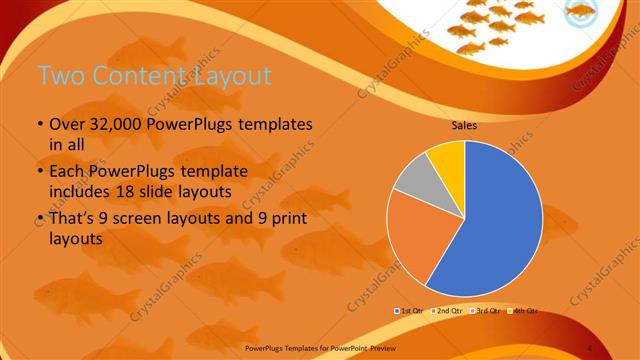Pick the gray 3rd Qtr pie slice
[413, 174]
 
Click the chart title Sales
[463, 126]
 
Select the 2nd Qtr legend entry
[447, 311]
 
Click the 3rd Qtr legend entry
[484, 311]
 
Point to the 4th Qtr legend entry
[520, 311]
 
